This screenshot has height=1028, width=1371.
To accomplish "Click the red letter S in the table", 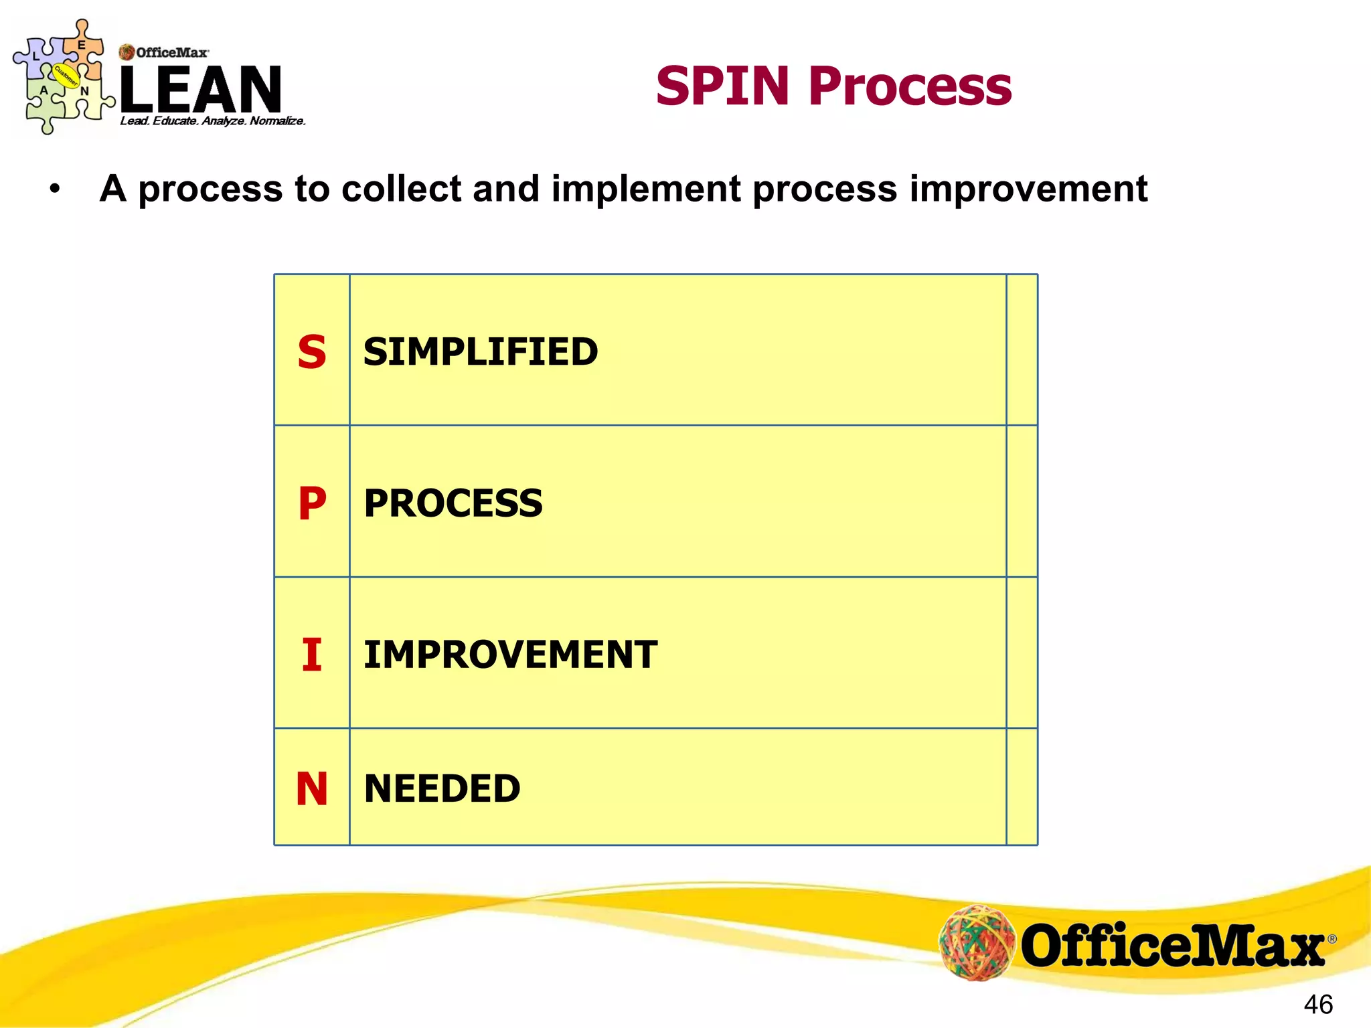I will (x=312, y=352).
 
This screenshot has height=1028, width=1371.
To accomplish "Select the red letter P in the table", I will (x=312, y=503).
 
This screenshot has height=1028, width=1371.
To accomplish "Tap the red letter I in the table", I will (x=312, y=655).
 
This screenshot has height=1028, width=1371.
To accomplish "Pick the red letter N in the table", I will (x=312, y=788).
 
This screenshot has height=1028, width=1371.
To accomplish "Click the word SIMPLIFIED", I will (x=481, y=352).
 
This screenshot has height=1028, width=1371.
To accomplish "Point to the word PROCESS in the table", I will (x=453, y=503).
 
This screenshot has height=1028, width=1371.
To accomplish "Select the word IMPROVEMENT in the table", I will (x=510, y=655).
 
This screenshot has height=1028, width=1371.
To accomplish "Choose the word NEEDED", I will (x=442, y=788).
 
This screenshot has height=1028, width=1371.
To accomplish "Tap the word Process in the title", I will (x=910, y=87).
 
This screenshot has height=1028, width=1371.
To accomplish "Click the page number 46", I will (x=1318, y=1005).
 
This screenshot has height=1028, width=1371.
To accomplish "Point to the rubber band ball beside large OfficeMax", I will (x=977, y=942).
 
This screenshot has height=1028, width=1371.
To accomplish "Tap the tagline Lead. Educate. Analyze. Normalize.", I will (x=213, y=121).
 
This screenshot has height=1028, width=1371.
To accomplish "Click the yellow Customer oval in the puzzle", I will (x=66, y=76).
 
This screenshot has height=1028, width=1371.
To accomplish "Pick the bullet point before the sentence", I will (x=55, y=189).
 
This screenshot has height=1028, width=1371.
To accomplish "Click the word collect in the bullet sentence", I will (x=401, y=189).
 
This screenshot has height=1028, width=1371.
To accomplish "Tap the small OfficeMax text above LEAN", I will (x=171, y=52).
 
